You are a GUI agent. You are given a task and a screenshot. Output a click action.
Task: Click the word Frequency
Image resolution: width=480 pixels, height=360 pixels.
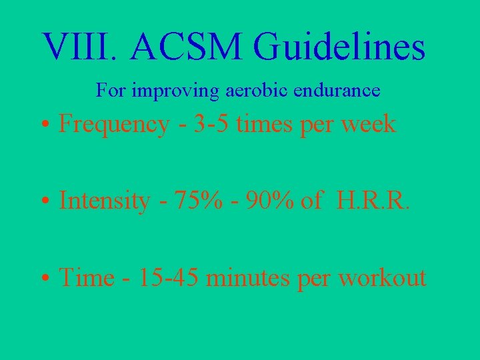[x=114, y=125]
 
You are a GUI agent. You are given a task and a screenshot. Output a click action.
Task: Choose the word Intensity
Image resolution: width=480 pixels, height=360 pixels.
[x=104, y=201]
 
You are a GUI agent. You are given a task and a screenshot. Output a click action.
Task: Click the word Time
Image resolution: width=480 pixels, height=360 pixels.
[x=87, y=277]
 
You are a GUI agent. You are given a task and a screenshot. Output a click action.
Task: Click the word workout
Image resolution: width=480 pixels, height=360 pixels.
[x=382, y=277]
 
